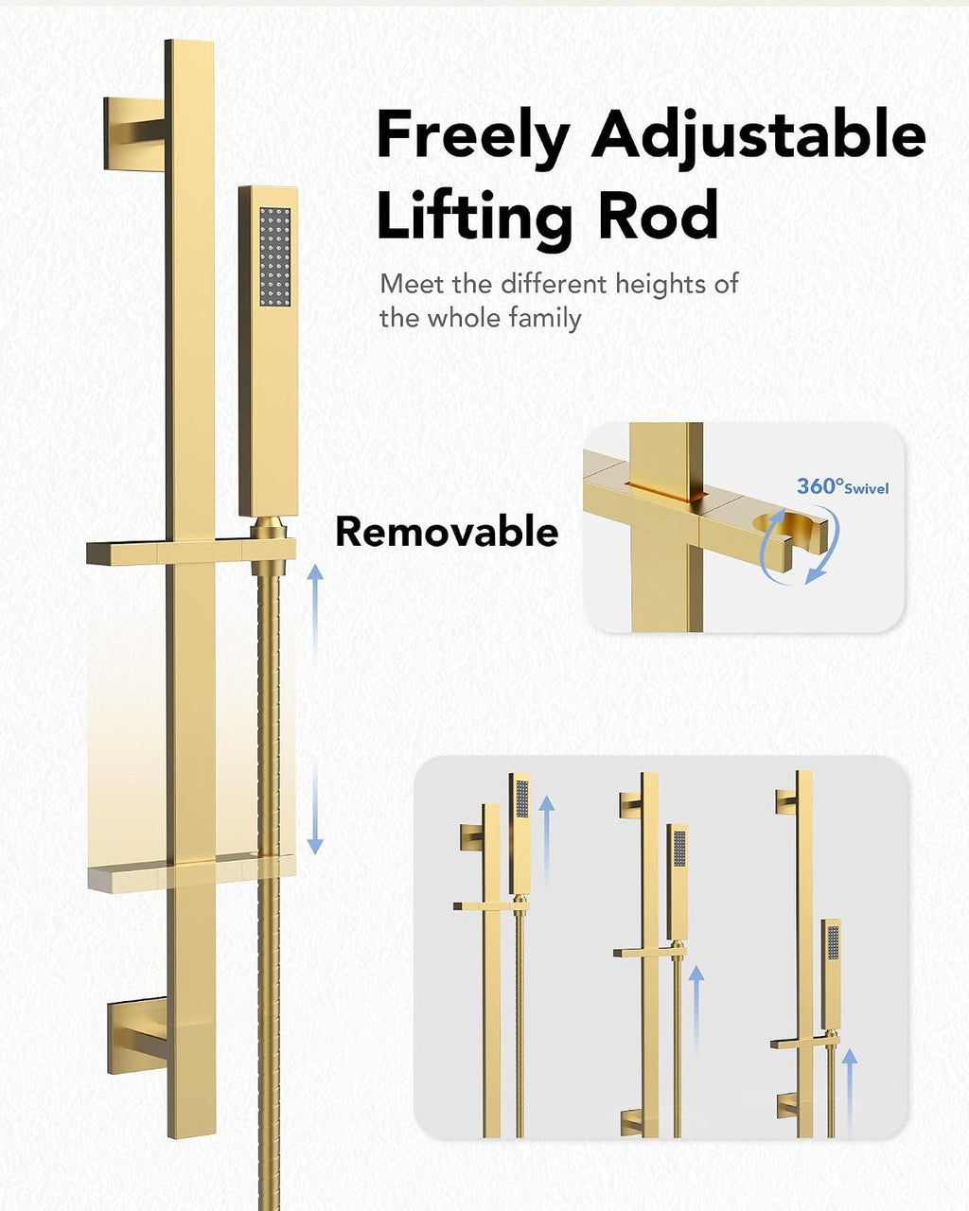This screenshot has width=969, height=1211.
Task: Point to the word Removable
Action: tap(447, 531)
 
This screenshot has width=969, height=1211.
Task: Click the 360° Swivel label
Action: tap(842, 485)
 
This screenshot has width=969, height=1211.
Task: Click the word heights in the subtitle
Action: tap(660, 284)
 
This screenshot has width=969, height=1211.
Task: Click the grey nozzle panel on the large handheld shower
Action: tap(275, 256)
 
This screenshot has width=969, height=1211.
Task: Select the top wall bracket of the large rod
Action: tap(134, 133)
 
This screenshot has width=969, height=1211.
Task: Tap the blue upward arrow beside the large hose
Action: tap(315, 606)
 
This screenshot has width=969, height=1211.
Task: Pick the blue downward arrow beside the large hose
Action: tap(315, 811)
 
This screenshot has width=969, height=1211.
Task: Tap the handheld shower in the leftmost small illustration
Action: tap(520, 833)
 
